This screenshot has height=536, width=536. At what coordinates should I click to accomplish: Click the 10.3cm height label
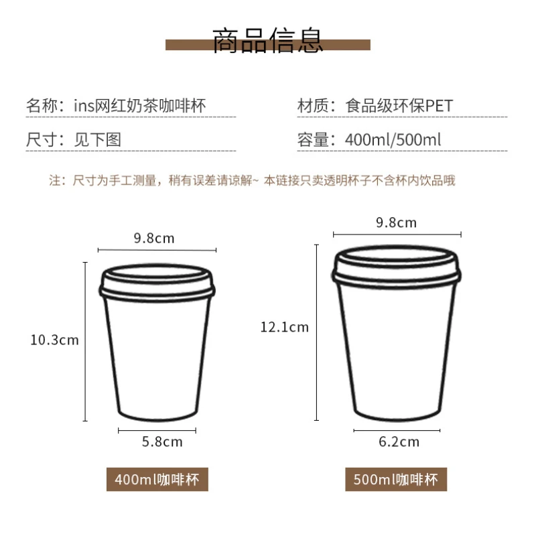(54, 340)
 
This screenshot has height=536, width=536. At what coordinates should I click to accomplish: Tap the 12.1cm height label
(285, 327)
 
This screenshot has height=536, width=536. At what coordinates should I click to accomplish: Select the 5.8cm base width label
(162, 442)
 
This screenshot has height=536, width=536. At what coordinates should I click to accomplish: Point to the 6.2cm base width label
(399, 442)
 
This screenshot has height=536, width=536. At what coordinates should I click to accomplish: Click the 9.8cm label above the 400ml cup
(154, 238)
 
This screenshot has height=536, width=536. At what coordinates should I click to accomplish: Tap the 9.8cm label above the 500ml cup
(396, 222)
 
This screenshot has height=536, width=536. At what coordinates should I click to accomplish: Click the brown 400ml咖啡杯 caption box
(157, 480)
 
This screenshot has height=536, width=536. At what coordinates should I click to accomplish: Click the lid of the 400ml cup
(157, 281)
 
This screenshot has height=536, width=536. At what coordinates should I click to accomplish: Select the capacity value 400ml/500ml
(393, 140)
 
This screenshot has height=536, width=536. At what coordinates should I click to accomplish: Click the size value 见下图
(97, 140)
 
